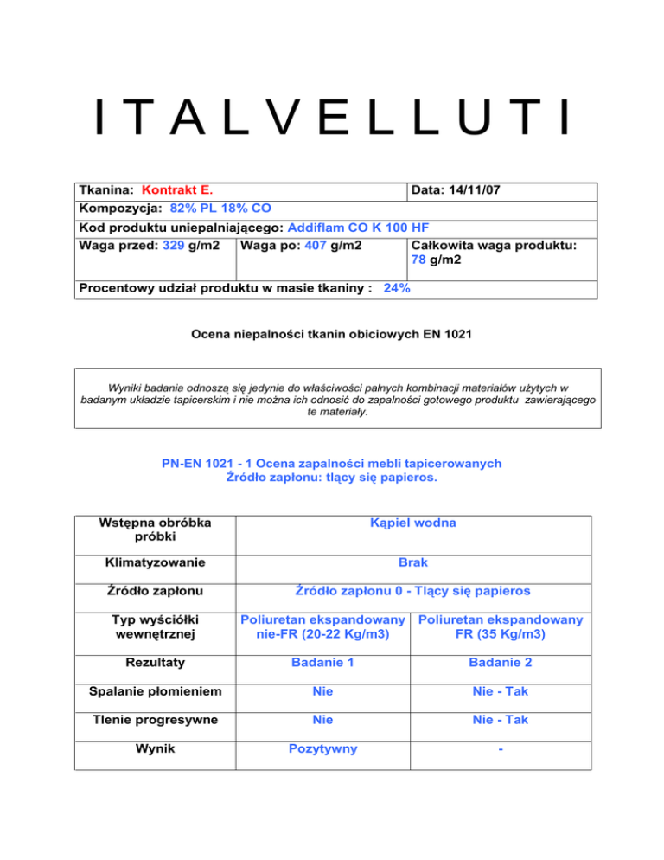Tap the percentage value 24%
coord(396,288)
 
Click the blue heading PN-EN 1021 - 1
coord(332,464)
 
